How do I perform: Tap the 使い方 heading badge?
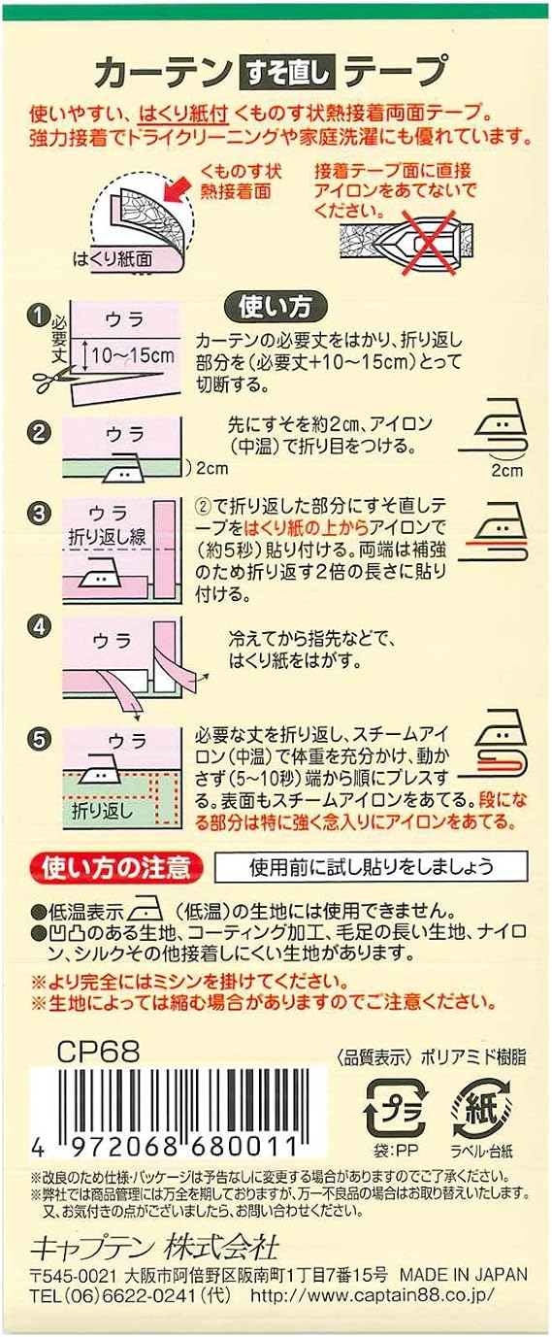276,307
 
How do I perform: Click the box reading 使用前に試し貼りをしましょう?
371,865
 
